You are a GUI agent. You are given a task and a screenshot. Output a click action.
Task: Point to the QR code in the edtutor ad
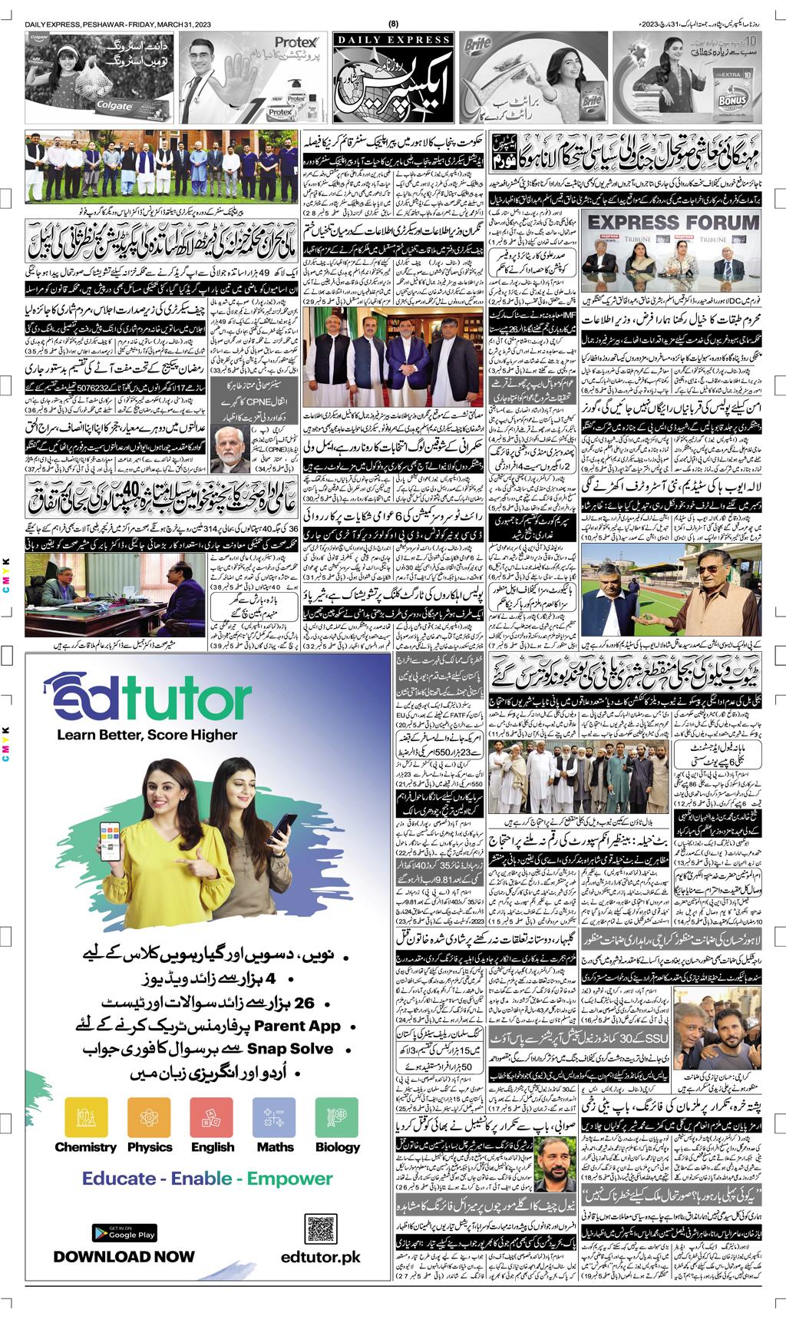tap(321, 1232)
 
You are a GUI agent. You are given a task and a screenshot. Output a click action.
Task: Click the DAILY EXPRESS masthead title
tap(391, 40)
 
